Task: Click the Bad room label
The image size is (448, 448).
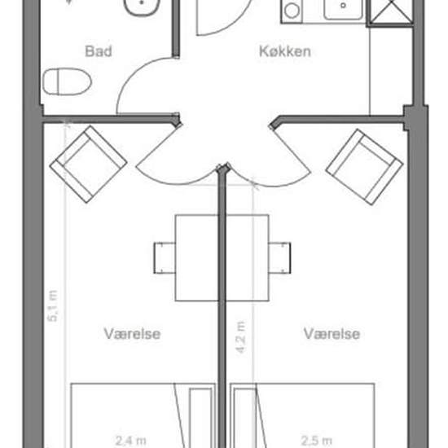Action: coord(99,51)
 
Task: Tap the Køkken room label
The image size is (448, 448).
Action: coord(285,51)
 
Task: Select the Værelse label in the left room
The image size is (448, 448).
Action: coord(132,334)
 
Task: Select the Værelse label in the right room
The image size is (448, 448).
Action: coord(332,334)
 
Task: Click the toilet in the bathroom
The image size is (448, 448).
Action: coord(67,81)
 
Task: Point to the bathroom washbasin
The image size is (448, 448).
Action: coord(142,7)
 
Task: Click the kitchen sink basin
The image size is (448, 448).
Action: coord(344,9)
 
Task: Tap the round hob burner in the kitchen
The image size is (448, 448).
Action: coord(292,11)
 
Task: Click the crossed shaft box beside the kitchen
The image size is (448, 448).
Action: coord(390,13)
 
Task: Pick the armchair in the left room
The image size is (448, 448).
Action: coord(88,165)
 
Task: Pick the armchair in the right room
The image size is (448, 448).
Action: coord(364,167)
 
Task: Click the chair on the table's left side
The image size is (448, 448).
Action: coord(165,257)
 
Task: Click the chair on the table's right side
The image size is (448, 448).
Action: coord(279,257)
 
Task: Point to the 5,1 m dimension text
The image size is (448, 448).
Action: coord(53,305)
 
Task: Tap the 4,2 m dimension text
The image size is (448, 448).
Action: coord(241,337)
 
